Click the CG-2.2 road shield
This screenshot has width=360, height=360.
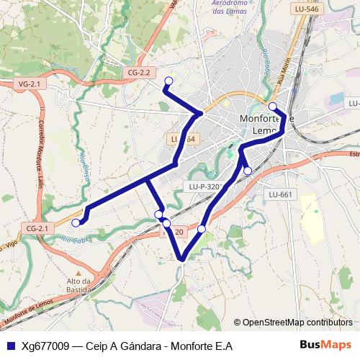point(139,72)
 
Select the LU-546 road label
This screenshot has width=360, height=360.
point(307,9)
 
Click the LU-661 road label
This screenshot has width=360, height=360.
point(280,194)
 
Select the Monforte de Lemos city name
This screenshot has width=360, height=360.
point(266,125)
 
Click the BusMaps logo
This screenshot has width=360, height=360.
point(325,345)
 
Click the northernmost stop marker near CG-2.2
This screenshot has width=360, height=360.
point(168,81)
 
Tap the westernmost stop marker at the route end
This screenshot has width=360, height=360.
point(76,222)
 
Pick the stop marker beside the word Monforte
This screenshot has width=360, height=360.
point(272,106)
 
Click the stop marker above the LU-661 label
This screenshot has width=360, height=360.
point(248,171)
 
